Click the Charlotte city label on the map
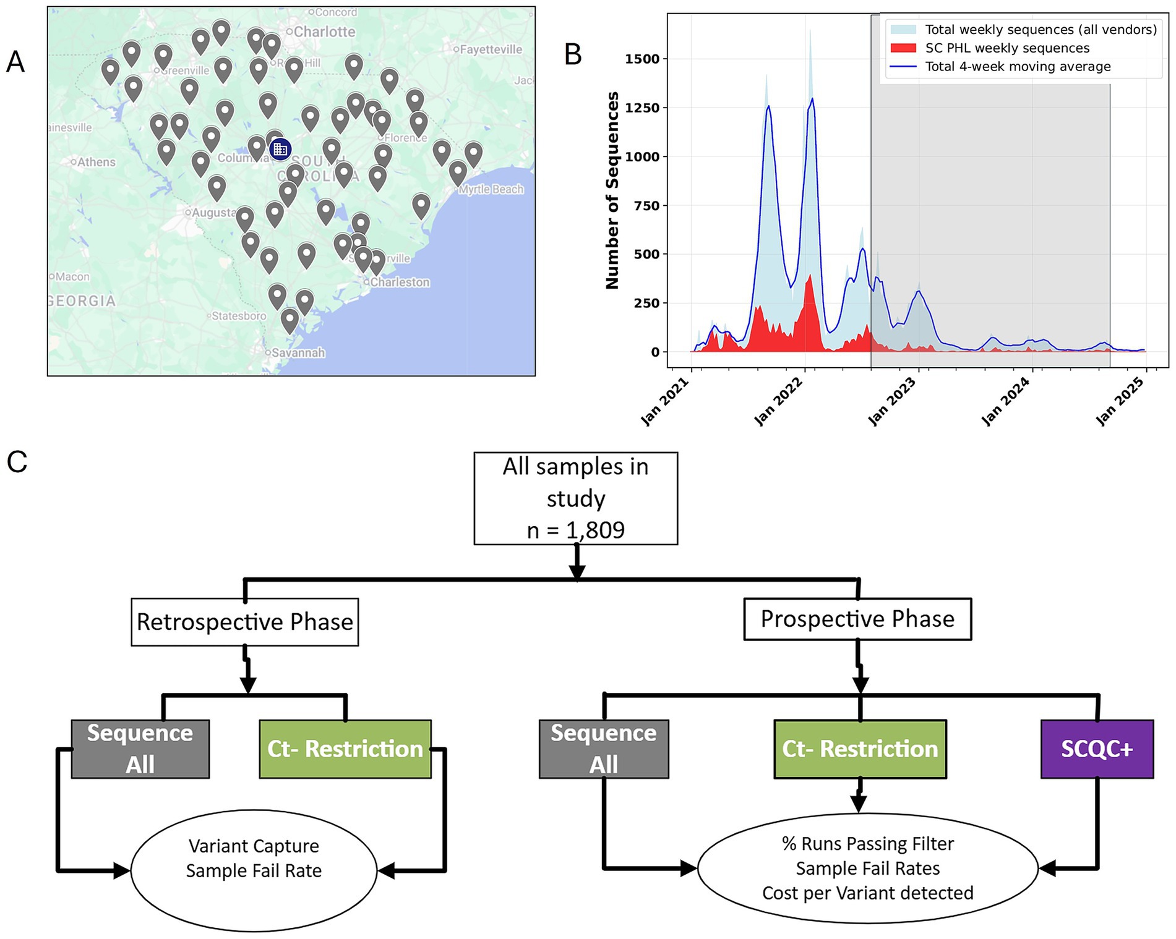[x=324, y=32]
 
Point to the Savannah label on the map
[x=298, y=352]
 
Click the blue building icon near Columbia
[x=280, y=149]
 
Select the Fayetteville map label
[x=490, y=49]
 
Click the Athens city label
[x=96, y=162]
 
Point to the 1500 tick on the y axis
[x=642, y=59]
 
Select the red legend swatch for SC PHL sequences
[x=903, y=48]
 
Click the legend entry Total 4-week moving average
[x=1018, y=67]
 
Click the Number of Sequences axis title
[x=612, y=190]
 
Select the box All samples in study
[x=575, y=498]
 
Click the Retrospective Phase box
[x=245, y=622]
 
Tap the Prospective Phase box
[x=857, y=619]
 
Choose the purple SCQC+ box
[x=1097, y=749]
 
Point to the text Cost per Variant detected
[x=867, y=893]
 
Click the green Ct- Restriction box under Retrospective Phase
[x=345, y=749]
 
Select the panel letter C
[x=17, y=462]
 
